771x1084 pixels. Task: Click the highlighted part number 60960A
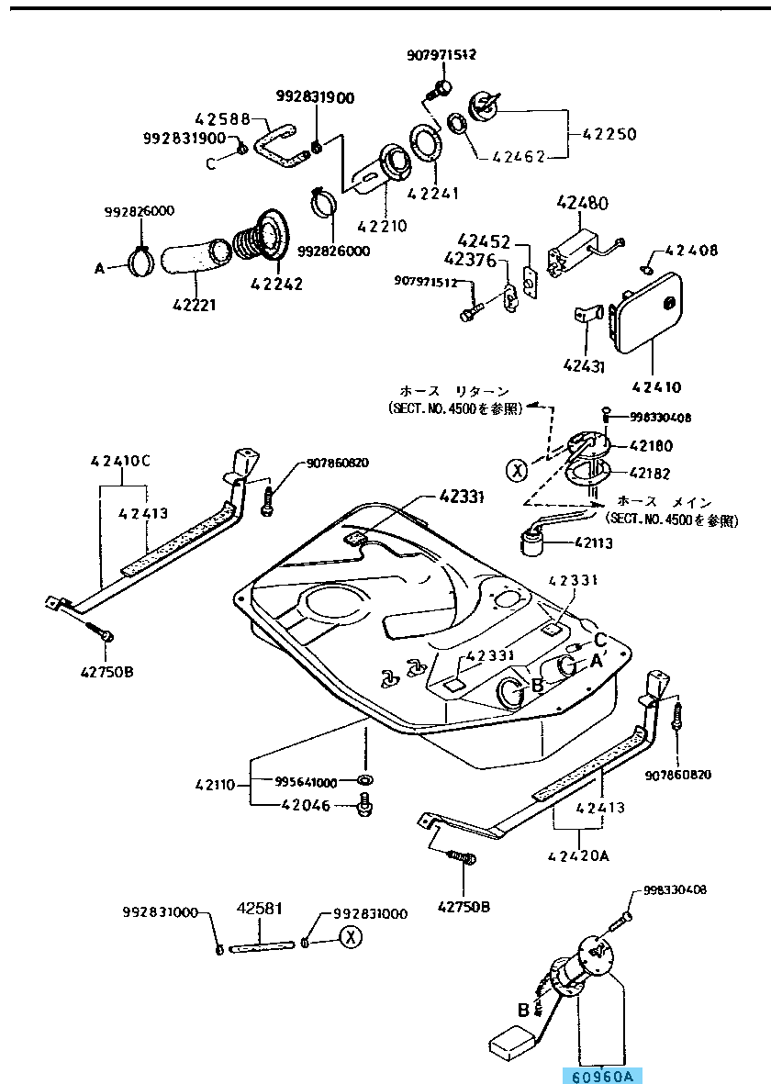pos(603,1076)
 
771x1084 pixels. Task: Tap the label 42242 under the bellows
pos(276,284)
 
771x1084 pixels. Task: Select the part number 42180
pos(650,447)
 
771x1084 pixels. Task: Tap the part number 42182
pos(650,474)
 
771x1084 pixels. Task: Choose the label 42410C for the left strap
pos(120,461)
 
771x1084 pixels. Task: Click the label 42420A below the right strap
pos(578,855)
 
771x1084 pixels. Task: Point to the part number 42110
pos(216,785)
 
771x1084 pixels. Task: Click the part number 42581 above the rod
pos(260,909)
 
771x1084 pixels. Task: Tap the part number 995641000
pos(307,781)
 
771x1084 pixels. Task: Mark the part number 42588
pos(222,118)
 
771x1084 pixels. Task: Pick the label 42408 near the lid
pos(692,250)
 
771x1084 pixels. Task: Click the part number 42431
pos(584,365)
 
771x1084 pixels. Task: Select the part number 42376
pos(470,260)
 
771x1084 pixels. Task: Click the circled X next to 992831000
pos(349,936)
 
